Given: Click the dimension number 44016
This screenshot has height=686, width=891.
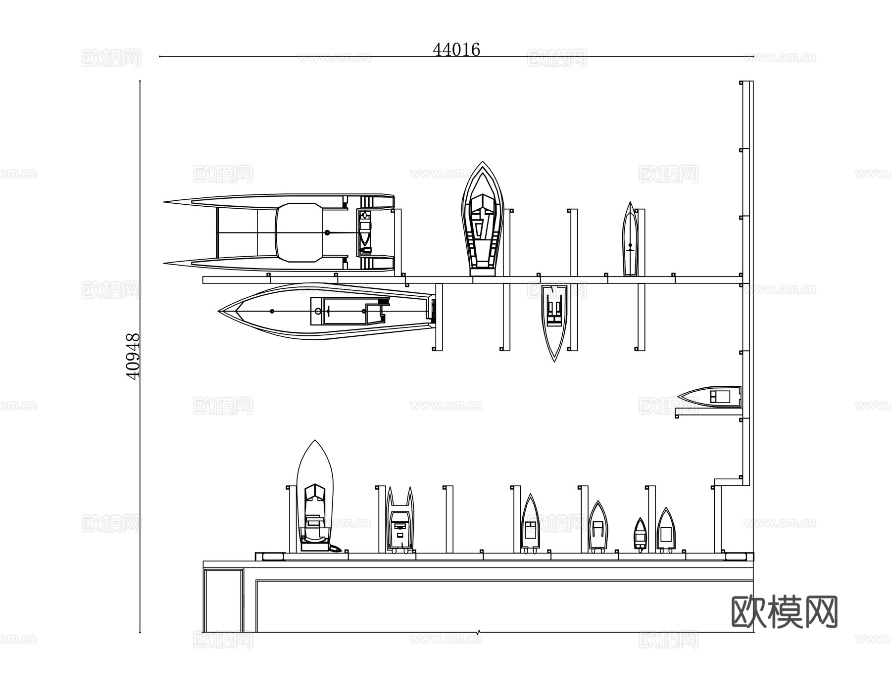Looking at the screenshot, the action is (x=456, y=49).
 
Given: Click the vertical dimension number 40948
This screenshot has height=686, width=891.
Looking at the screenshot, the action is (x=133, y=356).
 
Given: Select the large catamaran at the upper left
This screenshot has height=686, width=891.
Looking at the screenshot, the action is (x=279, y=232).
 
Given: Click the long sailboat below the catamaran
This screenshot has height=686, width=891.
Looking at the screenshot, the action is (x=327, y=311).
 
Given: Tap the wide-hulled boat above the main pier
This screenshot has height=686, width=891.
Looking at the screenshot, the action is (x=483, y=219).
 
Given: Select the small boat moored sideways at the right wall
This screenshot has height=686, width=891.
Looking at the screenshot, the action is (x=710, y=397).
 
